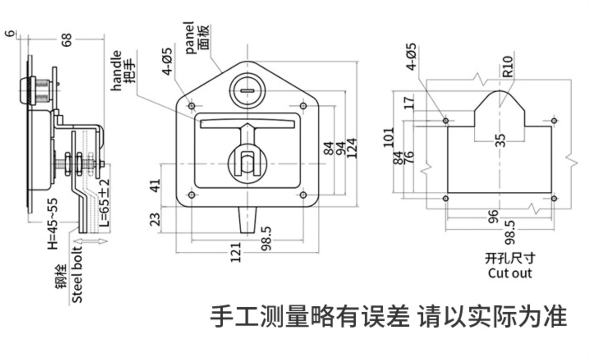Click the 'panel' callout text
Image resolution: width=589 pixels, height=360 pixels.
pyautogui.click(x=189, y=37)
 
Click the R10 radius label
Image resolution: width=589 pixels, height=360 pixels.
pyautogui.click(x=508, y=66)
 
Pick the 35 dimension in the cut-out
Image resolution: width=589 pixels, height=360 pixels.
pyautogui.click(x=500, y=140)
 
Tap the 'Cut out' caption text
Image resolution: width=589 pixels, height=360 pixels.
pyautogui.click(x=510, y=273)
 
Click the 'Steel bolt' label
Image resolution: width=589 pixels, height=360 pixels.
pyautogui.click(x=77, y=275)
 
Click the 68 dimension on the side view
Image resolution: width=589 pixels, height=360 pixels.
pyautogui.click(x=66, y=39)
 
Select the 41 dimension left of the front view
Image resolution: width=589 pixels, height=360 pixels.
pyautogui.click(x=155, y=186)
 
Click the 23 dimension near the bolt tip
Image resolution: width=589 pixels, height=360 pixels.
pyautogui.click(x=155, y=219)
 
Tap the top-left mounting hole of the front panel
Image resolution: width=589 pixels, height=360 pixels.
pyautogui.click(x=192, y=106)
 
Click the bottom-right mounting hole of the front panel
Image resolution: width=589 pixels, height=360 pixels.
pyautogui.click(x=303, y=195)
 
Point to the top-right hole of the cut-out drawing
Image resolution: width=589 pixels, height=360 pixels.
pyautogui.click(x=554, y=121)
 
